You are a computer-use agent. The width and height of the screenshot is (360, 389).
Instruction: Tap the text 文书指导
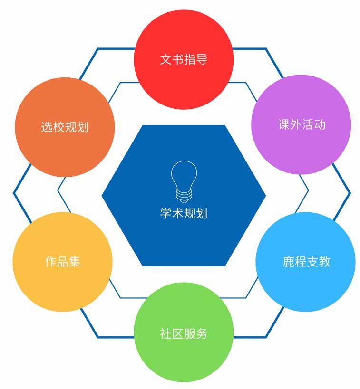pyautogui.click(x=184, y=60)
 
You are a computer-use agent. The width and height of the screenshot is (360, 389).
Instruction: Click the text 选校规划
pyautogui.click(x=65, y=127)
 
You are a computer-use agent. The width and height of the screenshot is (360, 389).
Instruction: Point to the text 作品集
pyautogui.click(x=62, y=262)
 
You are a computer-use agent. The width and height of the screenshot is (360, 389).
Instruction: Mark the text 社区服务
pyautogui.click(x=184, y=333)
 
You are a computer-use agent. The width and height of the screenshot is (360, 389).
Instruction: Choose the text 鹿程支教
pyautogui.click(x=306, y=262)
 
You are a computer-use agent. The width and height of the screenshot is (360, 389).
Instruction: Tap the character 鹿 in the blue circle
pyautogui.click(x=288, y=262)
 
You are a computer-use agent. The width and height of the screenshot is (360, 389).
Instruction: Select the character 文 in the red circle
pyautogui.click(x=165, y=60)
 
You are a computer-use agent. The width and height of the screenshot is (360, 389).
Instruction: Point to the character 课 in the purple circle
pyautogui.click(x=283, y=125)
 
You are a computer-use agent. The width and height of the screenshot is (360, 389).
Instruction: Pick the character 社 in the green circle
pyautogui.click(x=165, y=333)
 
